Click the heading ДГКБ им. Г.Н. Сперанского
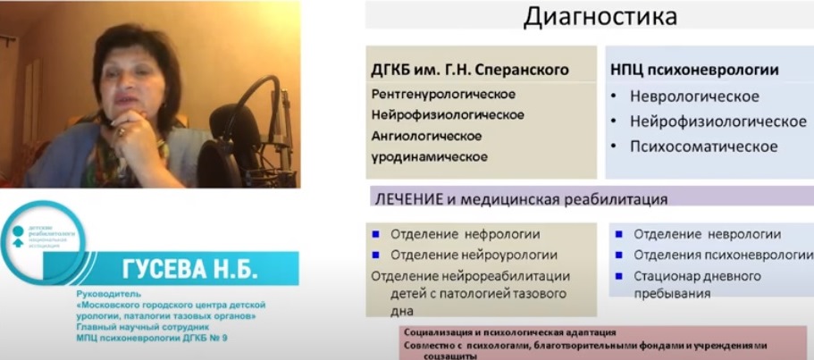click(470, 70)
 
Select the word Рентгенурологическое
click(443, 93)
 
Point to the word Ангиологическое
click(426, 136)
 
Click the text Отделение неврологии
click(707, 235)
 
